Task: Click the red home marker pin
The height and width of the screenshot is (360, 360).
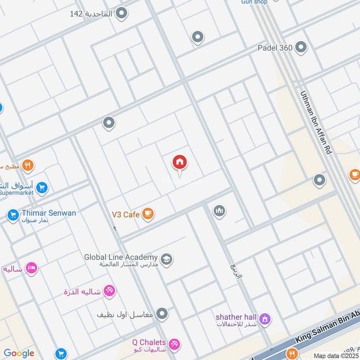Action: tap(180, 163)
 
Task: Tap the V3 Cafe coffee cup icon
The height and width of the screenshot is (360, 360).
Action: tap(148, 214)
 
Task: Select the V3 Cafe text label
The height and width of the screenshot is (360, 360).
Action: tap(126, 215)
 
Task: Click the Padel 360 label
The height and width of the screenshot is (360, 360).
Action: tap(275, 47)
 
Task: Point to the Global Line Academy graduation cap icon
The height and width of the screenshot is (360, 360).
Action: tap(166, 259)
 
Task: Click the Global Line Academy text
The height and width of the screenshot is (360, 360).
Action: tap(121, 257)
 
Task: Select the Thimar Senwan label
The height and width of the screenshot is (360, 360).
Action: tap(49, 213)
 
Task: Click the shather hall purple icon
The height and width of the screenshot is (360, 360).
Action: tap(265, 319)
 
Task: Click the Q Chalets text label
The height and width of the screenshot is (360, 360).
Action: tap(149, 342)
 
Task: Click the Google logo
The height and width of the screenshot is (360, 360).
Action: tap(19, 353)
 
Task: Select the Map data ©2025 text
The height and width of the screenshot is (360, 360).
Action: tap(337, 355)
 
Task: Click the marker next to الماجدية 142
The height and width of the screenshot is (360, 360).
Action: tap(121, 13)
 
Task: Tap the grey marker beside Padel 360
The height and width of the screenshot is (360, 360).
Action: tap(301, 47)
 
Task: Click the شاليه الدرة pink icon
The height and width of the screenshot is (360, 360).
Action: tap(109, 291)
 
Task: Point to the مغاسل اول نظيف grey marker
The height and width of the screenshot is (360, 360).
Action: tap(162, 313)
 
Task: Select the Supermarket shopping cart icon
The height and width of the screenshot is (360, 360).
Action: tap(42, 188)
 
